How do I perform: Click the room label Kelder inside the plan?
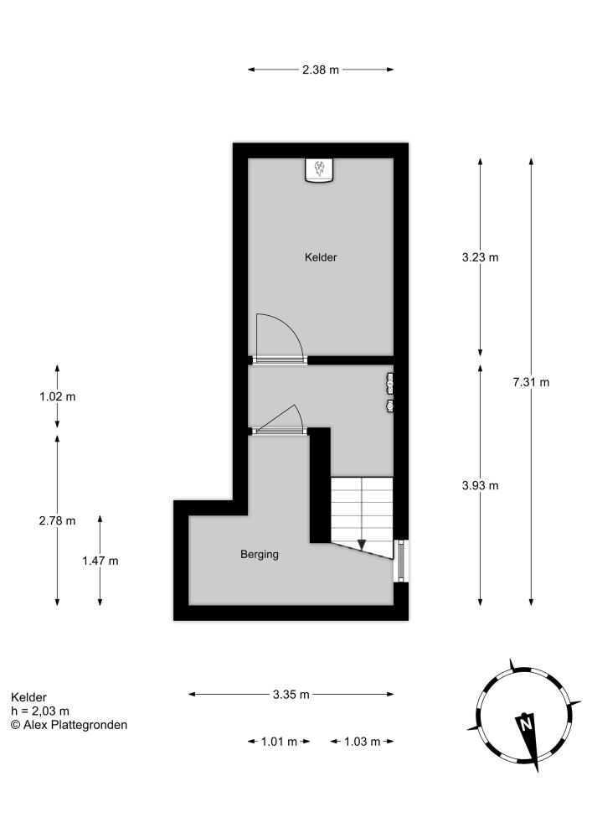[x=321, y=257]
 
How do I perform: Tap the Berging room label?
[x=260, y=554]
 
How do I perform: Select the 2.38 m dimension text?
[x=321, y=70]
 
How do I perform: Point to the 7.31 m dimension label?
[x=531, y=382]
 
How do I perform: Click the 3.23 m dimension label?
[x=480, y=257]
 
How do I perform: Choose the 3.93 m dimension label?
[x=480, y=485]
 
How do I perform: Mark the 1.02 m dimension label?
[x=57, y=396]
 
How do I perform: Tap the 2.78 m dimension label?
[x=57, y=520]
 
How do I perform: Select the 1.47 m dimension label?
[x=100, y=561]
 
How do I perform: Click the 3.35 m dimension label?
[x=291, y=694]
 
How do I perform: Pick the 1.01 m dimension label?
[x=279, y=742]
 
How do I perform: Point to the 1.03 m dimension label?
[x=362, y=742]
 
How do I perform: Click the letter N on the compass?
[x=526, y=725]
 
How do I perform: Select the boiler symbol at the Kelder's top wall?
[x=320, y=170]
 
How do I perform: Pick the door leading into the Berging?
[x=278, y=421]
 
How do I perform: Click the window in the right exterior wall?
[x=401, y=561]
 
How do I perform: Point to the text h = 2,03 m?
[x=40, y=711]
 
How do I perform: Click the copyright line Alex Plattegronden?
[x=69, y=725]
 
